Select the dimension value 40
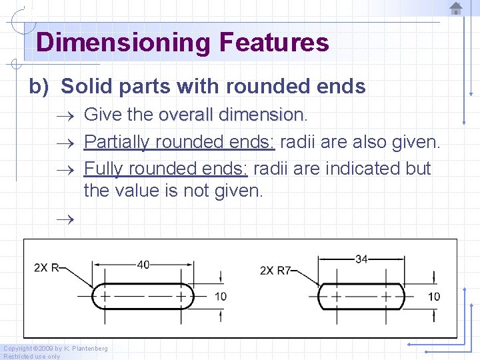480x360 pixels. (x=143, y=265)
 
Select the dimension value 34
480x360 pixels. (x=361, y=259)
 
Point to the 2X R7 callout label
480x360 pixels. (x=275, y=270)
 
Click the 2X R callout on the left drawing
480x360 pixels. (x=47, y=268)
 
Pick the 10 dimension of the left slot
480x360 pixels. (x=220, y=296)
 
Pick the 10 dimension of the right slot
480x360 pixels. (x=434, y=296)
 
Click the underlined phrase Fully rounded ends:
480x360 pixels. (x=165, y=169)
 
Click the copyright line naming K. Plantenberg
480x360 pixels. (x=55, y=348)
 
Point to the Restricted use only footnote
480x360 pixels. (x=32, y=356)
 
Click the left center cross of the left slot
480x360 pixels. (x=105, y=295)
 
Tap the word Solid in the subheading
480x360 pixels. (x=86, y=87)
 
